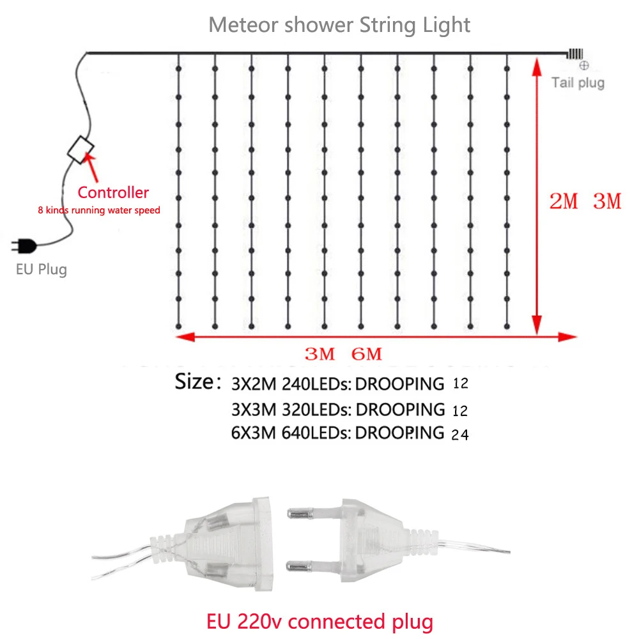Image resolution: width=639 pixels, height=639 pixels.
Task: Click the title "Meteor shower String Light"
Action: click(x=339, y=25)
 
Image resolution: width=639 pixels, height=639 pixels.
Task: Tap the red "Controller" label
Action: click(x=113, y=192)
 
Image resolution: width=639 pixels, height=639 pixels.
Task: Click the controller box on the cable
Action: click(x=81, y=150)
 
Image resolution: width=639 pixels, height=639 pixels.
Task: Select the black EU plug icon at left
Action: click(x=24, y=245)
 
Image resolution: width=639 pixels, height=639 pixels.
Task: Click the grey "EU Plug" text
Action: click(x=42, y=269)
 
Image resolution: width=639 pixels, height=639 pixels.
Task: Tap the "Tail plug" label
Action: click(x=578, y=82)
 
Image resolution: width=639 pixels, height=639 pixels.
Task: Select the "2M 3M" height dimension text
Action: click(x=585, y=202)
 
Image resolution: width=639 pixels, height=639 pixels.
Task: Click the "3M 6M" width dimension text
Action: click(x=343, y=353)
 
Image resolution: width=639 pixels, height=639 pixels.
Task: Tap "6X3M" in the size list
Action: click(x=254, y=433)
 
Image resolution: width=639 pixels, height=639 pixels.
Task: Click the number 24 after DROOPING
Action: click(x=460, y=435)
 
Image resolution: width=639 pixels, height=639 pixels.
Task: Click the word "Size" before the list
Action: click(x=194, y=382)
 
